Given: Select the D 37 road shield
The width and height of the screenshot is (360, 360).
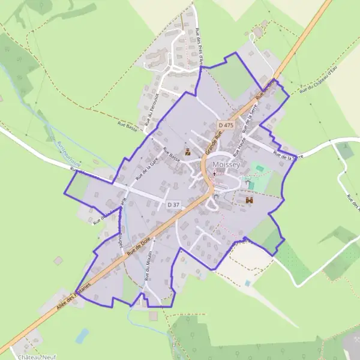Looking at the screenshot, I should tap(173, 205).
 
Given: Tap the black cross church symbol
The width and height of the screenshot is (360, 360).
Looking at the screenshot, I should tap(214, 174).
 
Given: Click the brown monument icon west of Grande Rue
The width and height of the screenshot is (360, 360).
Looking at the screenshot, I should tap(188, 151).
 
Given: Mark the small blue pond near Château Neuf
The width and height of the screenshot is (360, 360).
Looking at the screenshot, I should tap(82, 335).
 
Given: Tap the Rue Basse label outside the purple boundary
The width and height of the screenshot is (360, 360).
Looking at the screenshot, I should tap(128, 127).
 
